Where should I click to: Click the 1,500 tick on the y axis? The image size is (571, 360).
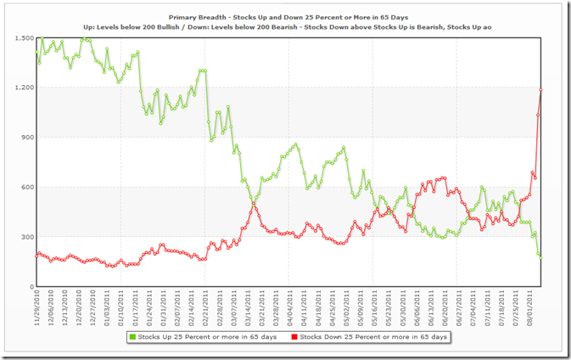point(23,38)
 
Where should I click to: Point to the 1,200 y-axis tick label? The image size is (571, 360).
point(23,87)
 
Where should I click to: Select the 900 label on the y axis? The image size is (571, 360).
point(26,138)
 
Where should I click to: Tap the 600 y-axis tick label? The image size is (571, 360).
point(26,187)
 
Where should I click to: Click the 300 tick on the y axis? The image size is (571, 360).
point(26,237)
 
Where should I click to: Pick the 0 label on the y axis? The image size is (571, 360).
point(31,287)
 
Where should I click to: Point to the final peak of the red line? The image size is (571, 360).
point(540,90)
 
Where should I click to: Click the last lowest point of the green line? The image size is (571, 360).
point(540,257)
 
